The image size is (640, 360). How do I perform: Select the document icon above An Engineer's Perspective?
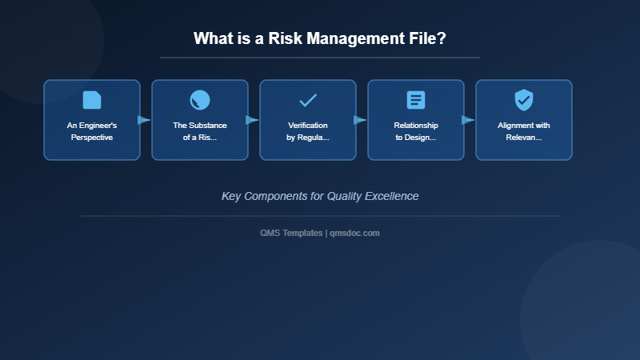click(92, 100)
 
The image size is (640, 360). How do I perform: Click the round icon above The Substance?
click(200, 100)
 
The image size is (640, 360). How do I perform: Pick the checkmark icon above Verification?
click(308, 100)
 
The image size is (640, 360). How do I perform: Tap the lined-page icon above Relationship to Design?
click(416, 100)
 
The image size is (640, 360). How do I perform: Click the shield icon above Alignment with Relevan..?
click(524, 100)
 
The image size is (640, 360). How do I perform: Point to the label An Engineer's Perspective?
click(92, 131)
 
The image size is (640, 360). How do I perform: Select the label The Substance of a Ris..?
click(200, 131)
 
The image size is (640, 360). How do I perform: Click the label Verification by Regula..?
click(308, 131)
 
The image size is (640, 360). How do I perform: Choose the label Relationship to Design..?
click(416, 131)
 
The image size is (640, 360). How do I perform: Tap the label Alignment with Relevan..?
click(524, 131)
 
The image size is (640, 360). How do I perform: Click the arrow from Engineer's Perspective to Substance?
click(144, 120)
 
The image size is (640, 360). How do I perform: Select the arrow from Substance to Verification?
click(252, 120)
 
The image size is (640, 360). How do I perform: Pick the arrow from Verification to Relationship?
click(360, 120)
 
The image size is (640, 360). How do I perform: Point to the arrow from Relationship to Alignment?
click(468, 120)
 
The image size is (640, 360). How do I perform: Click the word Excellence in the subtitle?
click(392, 196)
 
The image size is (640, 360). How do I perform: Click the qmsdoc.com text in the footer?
click(355, 233)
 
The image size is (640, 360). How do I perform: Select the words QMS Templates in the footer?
click(291, 233)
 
